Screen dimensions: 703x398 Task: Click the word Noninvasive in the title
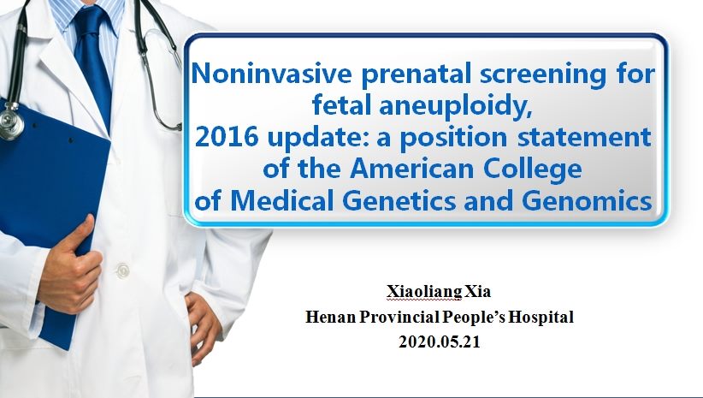click(x=271, y=73)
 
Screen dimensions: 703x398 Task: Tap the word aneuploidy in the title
click(x=456, y=105)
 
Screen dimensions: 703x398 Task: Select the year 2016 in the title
click(x=227, y=137)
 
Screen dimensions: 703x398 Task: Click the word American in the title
click(x=411, y=169)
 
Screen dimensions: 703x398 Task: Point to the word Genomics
click(x=587, y=201)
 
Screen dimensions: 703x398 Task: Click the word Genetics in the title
click(x=399, y=201)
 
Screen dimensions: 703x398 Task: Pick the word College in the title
click(x=533, y=170)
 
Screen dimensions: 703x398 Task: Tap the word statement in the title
click(x=584, y=137)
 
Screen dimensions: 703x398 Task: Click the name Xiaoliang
click(x=423, y=292)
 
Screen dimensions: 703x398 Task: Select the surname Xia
click(x=477, y=291)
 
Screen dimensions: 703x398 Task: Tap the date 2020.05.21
click(x=440, y=342)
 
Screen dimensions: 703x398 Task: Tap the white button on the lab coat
click(x=122, y=270)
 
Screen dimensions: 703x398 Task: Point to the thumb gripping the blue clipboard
click(x=76, y=235)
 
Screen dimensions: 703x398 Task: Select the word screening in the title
click(x=543, y=74)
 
